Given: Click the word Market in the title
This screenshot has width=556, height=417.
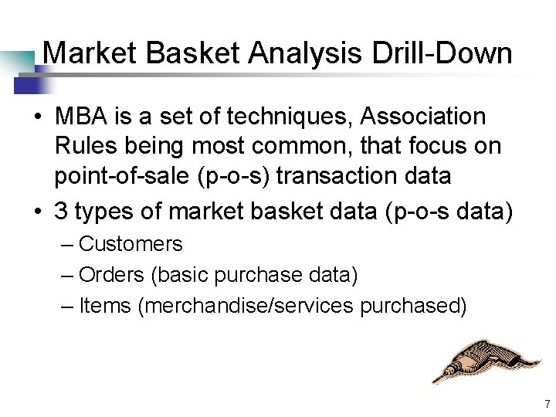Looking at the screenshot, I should pyautogui.click(x=90, y=54).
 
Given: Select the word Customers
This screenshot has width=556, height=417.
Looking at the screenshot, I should pyautogui.click(x=131, y=244).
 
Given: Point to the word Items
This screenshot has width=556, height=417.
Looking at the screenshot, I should pyautogui.click(x=105, y=306).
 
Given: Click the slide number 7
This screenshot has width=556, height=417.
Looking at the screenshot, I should pyautogui.click(x=546, y=404).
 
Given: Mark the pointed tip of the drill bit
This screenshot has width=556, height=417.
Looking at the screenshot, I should pyautogui.click(x=433, y=381).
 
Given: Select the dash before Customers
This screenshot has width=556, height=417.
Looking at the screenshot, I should pyautogui.click(x=67, y=245).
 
